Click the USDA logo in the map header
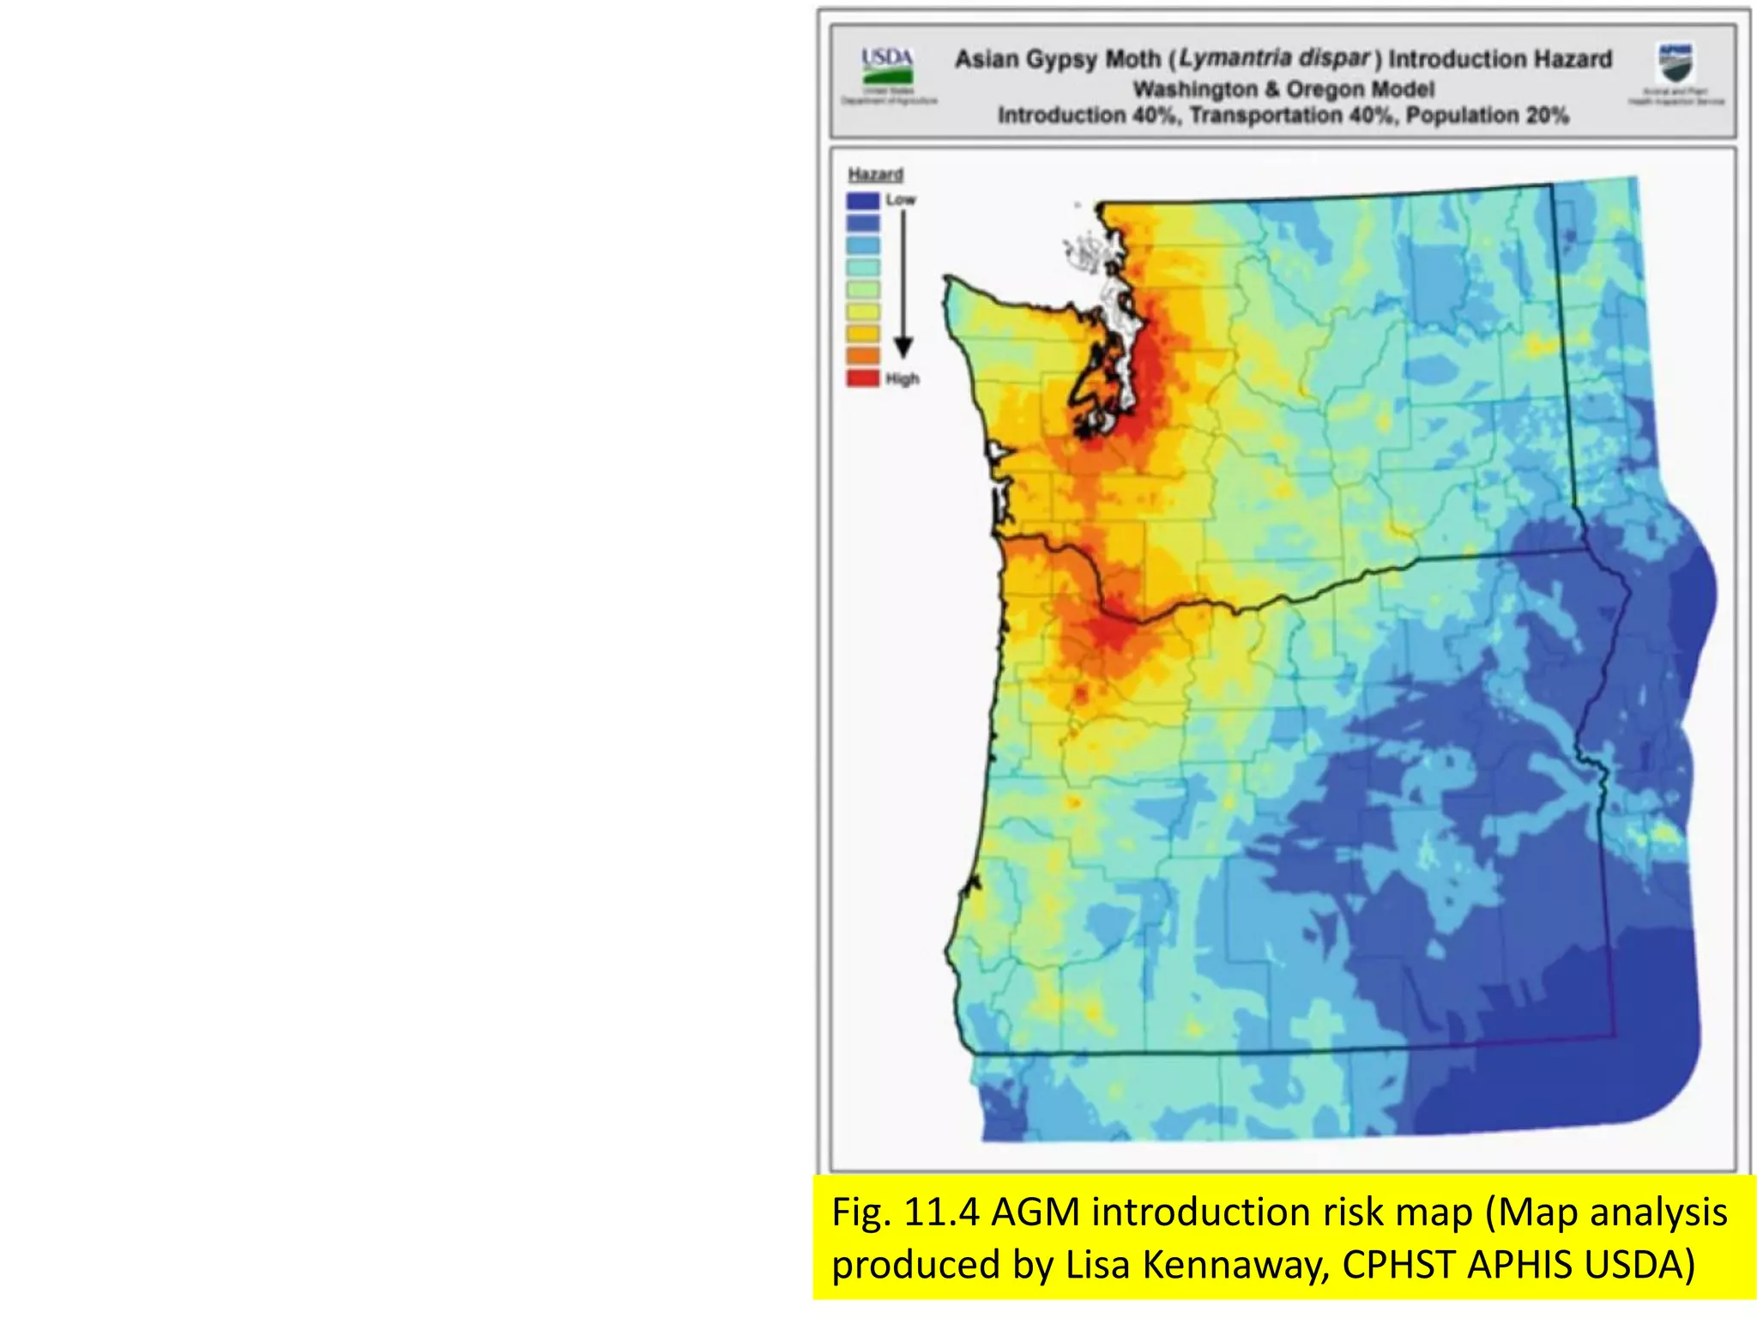[887, 67]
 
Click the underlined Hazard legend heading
[875, 175]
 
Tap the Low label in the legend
[901, 200]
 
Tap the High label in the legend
[903, 379]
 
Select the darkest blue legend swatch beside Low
[863, 201]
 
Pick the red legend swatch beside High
[863, 378]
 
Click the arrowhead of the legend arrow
[903, 348]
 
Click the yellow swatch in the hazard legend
[863, 311]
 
